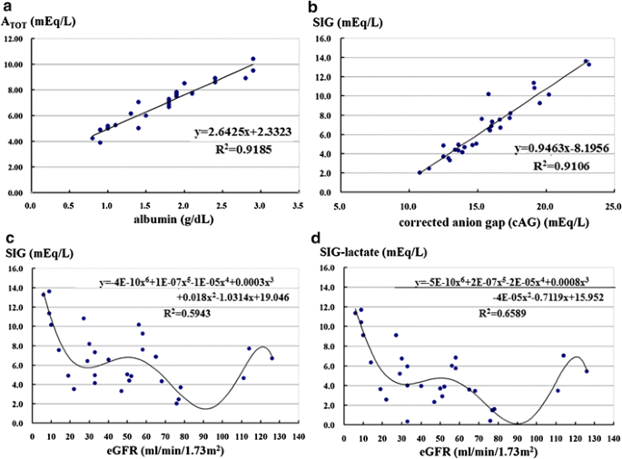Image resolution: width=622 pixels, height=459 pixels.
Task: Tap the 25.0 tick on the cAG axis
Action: (613, 205)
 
